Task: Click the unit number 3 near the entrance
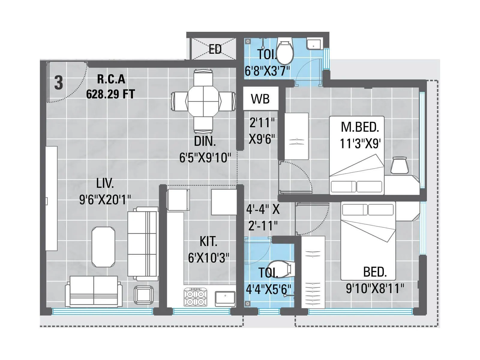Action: pos(59,83)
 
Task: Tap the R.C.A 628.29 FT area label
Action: pos(111,87)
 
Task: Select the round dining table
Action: pos(203,101)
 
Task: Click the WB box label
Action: pos(260,99)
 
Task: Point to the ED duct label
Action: pos(215,49)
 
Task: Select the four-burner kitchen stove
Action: pos(196,297)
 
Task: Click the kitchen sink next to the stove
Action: pos(225,298)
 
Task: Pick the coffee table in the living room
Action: pos(103,247)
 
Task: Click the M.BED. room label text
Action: pos(360,127)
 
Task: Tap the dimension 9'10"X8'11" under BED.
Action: pos(375,289)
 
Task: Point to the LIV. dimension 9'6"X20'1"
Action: pos(105,199)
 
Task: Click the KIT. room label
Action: pos(208,241)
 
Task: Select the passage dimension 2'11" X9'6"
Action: pos(262,131)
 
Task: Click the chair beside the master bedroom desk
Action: pos(400,166)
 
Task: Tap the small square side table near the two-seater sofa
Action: pos(144,294)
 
